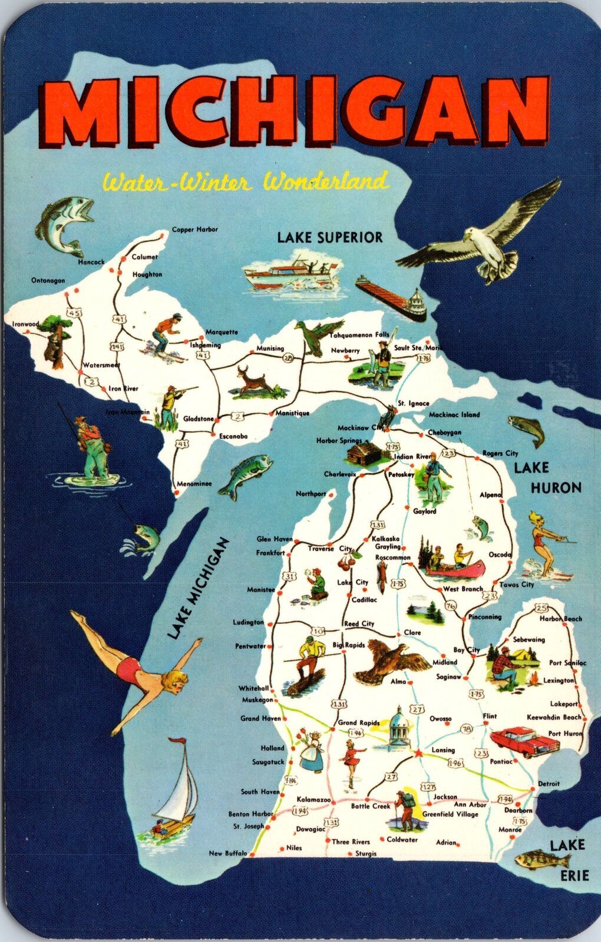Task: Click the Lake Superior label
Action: (330, 237)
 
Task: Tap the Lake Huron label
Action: (547, 477)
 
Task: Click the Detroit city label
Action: (549, 784)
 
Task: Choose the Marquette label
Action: (222, 332)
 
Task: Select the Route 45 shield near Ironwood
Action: (74, 313)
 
